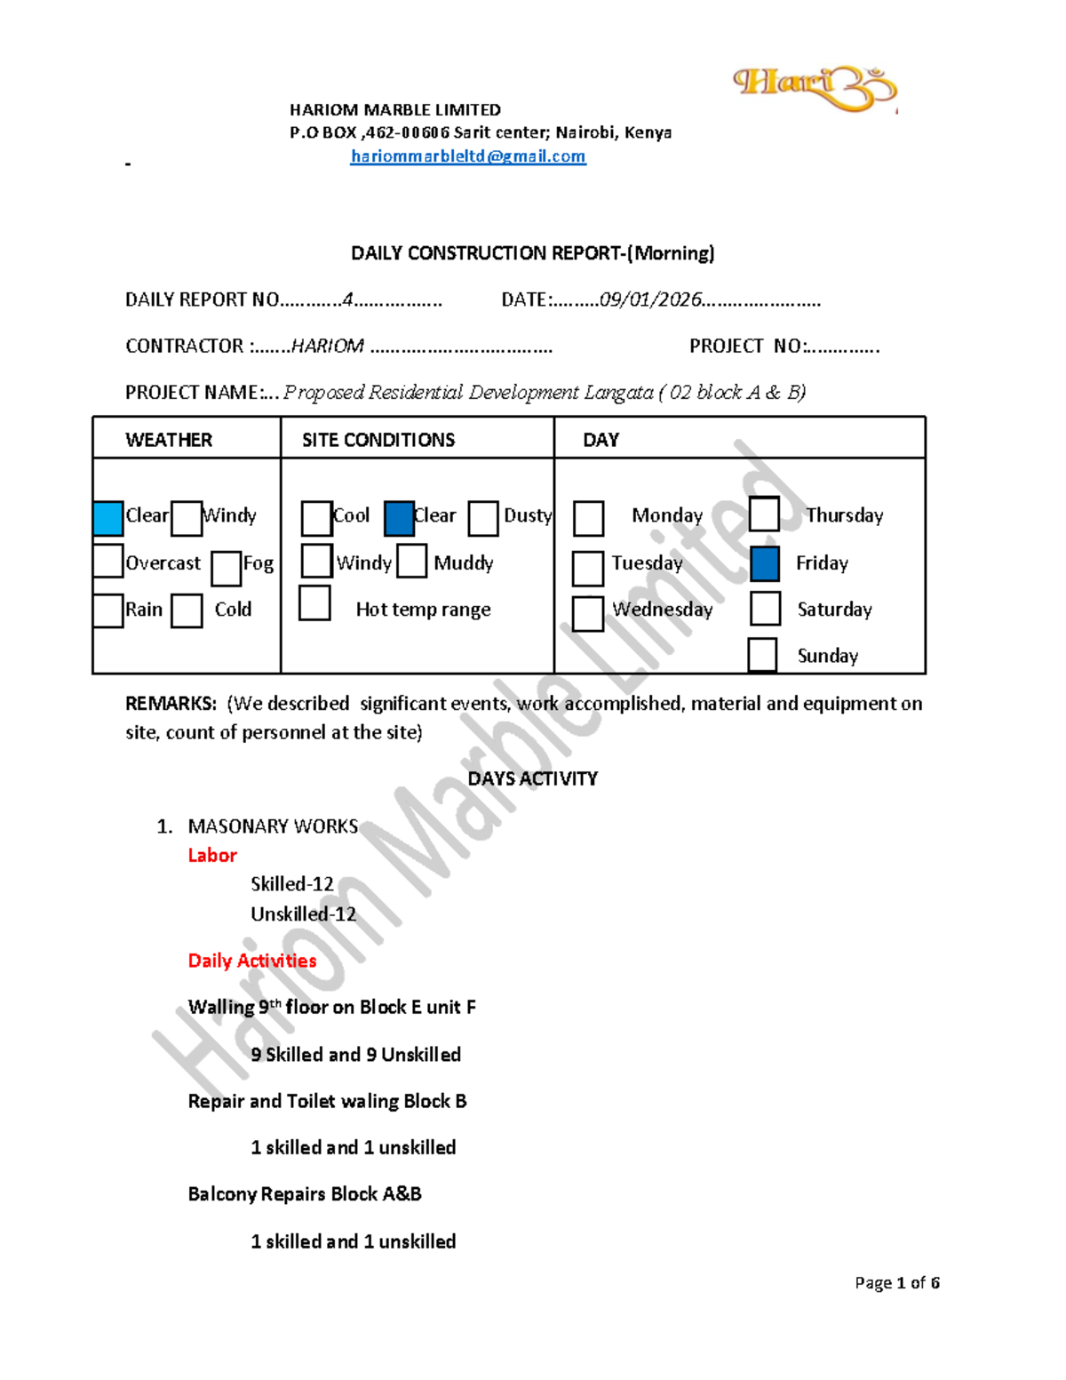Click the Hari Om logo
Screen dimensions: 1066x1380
click(815, 90)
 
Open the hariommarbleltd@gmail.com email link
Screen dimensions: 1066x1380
click(468, 156)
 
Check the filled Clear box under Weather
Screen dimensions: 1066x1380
click(108, 518)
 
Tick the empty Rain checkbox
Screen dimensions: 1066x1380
click(108, 611)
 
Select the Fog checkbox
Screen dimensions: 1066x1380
click(226, 569)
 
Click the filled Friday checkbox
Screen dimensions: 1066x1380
click(765, 564)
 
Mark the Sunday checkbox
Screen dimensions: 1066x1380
click(762, 655)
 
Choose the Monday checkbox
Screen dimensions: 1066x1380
click(589, 519)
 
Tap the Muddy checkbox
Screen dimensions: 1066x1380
click(411, 561)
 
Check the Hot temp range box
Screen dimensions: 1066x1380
click(314, 603)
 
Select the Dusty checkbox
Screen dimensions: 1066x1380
click(483, 519)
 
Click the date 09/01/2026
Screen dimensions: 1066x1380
click(651, 299)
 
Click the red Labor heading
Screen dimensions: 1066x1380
click(212, 856)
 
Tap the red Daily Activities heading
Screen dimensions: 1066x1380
click(252, 961)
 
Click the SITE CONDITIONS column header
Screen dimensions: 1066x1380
click(378, 440)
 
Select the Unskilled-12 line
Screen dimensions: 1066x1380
click(304, 913)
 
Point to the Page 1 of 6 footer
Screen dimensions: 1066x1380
click(897, 1283)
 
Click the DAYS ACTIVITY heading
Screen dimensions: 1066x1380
click(533, 778)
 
